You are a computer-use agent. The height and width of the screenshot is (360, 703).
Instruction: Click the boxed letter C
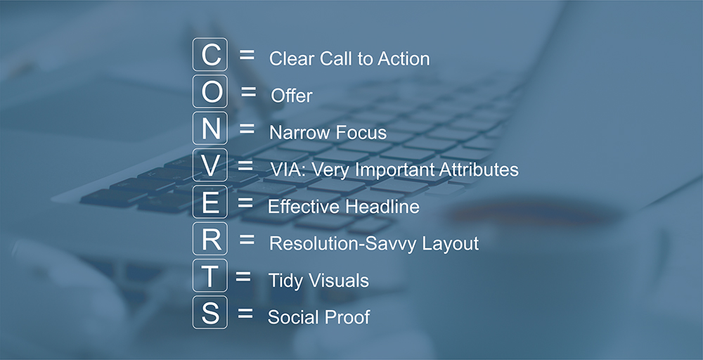(x=209, y=55)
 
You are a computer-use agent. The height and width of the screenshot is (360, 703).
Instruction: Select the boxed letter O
(x=209, y=91)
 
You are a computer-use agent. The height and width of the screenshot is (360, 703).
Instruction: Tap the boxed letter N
(x=209, y=128)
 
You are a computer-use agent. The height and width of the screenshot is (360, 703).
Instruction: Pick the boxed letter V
(x=209, y=165)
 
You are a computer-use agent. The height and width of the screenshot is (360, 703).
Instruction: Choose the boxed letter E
(x=209, y=202)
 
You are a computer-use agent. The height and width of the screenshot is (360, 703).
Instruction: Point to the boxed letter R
(x=209, y=238)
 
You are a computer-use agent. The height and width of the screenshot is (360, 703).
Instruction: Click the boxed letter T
(x=209, y=275)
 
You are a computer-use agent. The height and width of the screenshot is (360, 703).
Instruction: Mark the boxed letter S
(x=209, y=312)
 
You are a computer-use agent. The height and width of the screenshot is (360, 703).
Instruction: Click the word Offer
(x=292, y=96)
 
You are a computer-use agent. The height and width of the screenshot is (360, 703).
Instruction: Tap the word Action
(x=404, y=59)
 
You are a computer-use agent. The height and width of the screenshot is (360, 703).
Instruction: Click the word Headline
(x=382, y=206)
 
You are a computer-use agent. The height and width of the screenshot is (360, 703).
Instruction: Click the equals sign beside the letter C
(x=247, y=55)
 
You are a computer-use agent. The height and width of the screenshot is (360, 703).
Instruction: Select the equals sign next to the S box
(x=245, y=313)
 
